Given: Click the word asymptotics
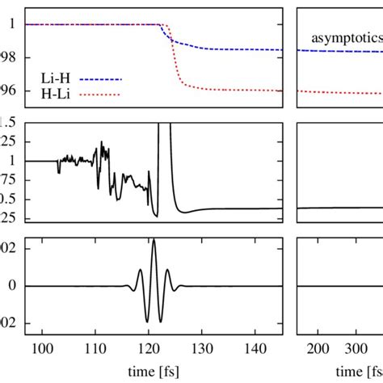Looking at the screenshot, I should [347, 37].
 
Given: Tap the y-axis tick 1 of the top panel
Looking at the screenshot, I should [12, 24].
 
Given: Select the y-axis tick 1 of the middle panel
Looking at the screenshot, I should [12, 161].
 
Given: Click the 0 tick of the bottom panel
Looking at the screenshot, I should [12, 286].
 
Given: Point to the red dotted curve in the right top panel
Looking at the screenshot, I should [339, 91].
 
